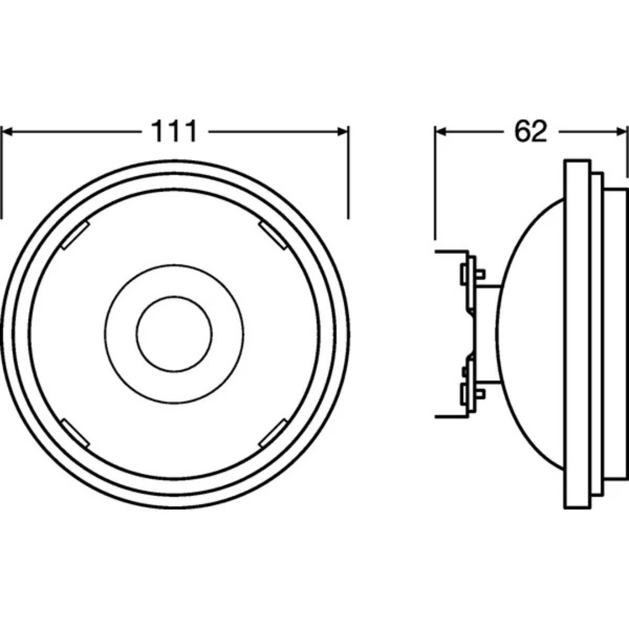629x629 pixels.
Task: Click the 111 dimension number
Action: pos(175,132)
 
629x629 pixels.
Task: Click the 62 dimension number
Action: pos(531,132)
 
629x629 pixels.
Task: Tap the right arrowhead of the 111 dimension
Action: pos(342,132)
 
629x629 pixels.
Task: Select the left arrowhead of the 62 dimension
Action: pos(441,132)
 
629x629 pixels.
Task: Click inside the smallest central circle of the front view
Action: pos(174,333)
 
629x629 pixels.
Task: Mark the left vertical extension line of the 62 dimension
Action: pos(435,186)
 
